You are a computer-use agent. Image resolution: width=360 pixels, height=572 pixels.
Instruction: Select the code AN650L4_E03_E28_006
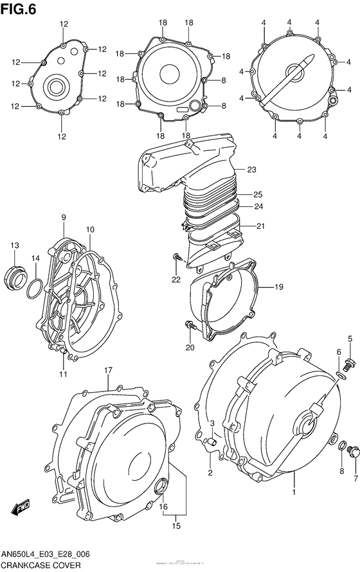pyautogui.click(x=51, y=555)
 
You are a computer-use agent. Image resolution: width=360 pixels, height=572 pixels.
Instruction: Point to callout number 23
pyautogui.click(x=251, y=170)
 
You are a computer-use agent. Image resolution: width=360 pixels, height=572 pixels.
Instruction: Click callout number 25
pyautogui.click(x=257, y=195)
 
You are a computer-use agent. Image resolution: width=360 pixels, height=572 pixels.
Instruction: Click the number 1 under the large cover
pyautogui.click(x=294, y=492)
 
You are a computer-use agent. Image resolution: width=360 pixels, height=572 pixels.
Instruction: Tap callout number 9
pyautogui.click(x=64, y=218)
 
